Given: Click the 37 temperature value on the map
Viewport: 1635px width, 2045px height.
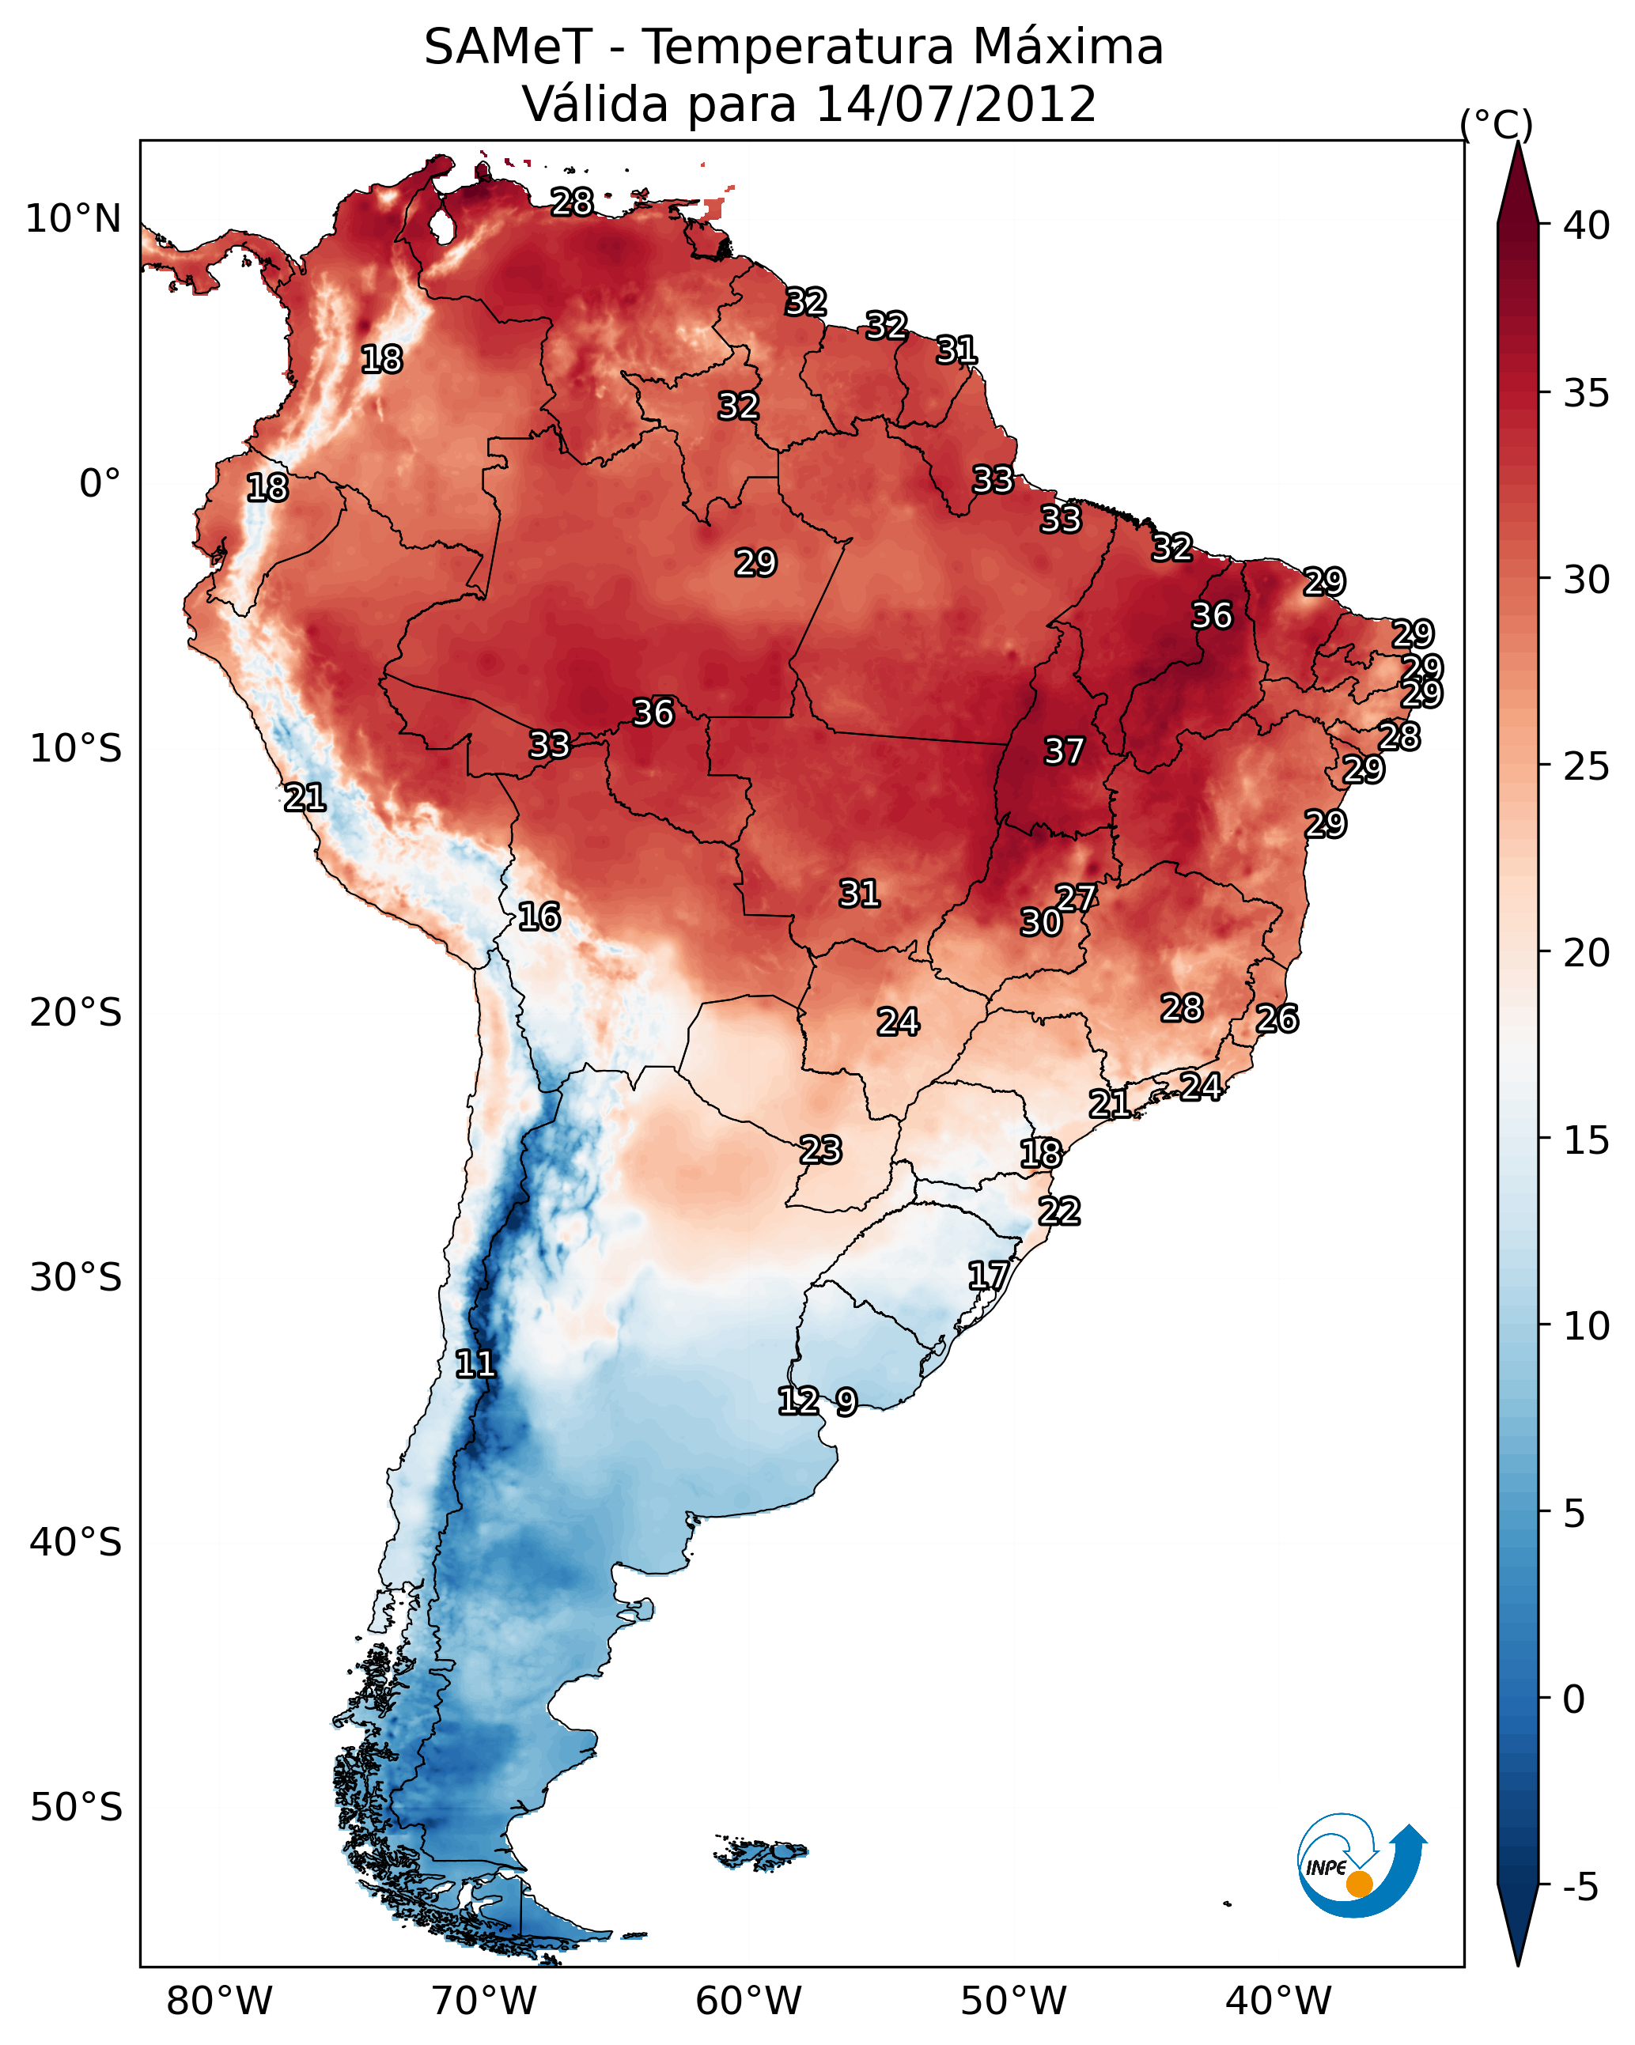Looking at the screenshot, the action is pos(1064,751).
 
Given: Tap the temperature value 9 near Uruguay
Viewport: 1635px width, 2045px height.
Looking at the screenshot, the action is pos(846,1402).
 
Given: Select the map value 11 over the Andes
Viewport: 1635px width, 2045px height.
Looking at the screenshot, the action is pos(475,1364).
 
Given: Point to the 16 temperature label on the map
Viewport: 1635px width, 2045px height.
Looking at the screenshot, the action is pos(539,917).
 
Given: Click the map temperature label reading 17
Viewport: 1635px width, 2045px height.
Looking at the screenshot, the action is pos(988,1275).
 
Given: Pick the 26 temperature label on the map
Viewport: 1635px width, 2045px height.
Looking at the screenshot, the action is pos(1277,1019).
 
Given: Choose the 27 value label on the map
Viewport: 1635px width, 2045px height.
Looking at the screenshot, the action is pos(1076,898).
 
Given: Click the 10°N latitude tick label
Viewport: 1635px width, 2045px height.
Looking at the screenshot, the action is pos(73,219).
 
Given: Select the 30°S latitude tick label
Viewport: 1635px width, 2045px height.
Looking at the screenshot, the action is pos(76,1278).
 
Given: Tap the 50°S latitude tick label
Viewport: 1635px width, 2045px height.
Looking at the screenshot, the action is pos(76,1807).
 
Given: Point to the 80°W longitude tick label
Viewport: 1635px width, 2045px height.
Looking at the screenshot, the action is pos(219,2001).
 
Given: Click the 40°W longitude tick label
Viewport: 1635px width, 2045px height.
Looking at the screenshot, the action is pos(1278,2001).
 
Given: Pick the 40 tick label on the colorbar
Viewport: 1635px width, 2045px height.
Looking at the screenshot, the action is pos(1587,225).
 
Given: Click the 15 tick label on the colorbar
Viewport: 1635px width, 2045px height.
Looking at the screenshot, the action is pos(1587,1140).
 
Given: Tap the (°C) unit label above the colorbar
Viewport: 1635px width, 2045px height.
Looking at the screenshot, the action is pos(1497,124).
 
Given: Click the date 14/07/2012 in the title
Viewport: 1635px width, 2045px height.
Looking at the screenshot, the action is pos(956,104).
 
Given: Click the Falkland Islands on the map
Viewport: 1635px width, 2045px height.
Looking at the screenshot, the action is pos(761,1851).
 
